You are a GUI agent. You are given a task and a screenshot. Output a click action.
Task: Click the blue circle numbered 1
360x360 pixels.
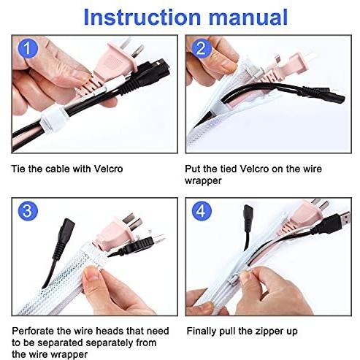28,48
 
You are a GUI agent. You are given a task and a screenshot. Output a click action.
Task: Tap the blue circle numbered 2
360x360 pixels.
202,48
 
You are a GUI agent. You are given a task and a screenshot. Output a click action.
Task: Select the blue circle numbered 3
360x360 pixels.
28,211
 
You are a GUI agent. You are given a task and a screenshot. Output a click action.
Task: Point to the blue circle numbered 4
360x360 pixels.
202,211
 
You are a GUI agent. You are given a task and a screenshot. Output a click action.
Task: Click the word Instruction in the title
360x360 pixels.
142,18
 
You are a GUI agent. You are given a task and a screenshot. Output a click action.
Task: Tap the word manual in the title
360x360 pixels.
248,18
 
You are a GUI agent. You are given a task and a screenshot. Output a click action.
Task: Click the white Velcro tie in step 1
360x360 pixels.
54,118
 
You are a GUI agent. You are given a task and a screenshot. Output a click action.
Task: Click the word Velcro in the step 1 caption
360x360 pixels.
108,169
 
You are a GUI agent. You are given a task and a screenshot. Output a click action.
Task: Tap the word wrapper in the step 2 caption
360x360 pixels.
203,181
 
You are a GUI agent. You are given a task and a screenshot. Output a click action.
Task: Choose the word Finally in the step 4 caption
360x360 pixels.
202,332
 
